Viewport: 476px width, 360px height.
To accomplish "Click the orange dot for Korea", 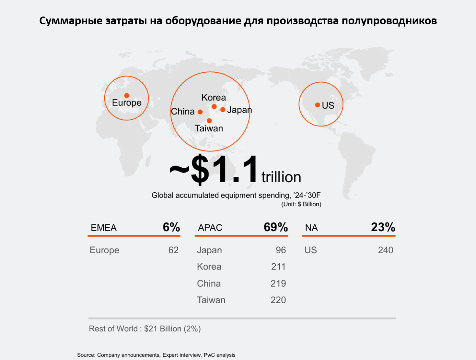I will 214,107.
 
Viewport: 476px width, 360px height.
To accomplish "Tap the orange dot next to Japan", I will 223,110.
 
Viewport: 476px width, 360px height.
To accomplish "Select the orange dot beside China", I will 200,112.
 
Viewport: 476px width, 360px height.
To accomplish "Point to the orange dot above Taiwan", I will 209,121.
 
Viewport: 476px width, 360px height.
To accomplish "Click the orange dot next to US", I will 318,105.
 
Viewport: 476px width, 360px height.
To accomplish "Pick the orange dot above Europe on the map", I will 127,96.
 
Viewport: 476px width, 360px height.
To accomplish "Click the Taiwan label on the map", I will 209,128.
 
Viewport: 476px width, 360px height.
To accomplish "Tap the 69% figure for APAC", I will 276,227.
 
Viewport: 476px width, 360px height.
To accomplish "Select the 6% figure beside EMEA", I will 171,227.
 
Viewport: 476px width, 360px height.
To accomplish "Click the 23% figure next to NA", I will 383,227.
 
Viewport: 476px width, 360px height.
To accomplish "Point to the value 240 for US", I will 386,250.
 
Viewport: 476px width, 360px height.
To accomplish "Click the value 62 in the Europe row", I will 173,250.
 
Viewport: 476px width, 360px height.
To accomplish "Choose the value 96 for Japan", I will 281,250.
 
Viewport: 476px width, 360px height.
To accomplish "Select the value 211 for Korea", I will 278,267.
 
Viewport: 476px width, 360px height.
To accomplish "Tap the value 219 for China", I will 278,283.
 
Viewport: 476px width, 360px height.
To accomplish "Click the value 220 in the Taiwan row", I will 278,300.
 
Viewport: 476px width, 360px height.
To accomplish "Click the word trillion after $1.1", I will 281,177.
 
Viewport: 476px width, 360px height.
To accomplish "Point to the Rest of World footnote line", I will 145,329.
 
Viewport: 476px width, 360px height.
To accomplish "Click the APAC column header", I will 210,228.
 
